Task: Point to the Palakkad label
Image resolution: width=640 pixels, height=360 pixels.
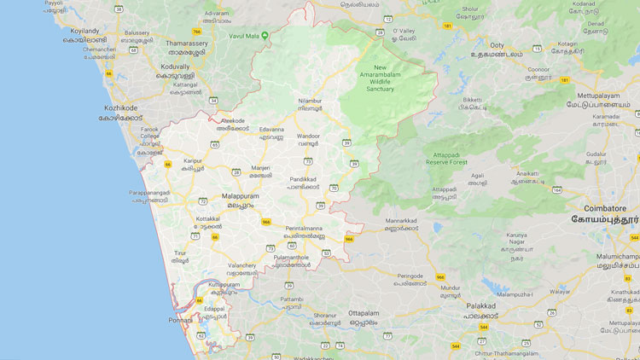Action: [481, 305]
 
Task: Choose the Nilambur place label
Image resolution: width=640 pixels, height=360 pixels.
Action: [310, 100]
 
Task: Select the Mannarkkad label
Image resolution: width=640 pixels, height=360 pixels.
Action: [402, 220]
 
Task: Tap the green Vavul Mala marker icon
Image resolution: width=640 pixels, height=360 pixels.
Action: [265, 35]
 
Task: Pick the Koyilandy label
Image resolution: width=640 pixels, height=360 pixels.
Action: [85, 31]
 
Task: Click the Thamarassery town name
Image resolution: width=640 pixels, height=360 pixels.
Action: [187, 43]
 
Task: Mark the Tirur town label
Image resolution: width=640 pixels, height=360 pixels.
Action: [179, 253]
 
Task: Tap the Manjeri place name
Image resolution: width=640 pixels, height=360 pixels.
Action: [260, 167]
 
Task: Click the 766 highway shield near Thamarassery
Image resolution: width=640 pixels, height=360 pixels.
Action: [196, 32]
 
